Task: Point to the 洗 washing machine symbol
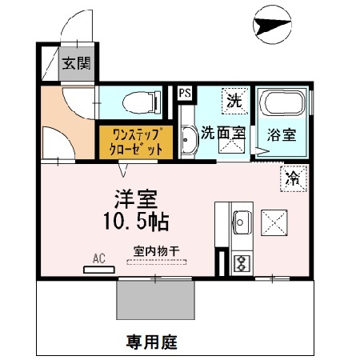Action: click(x=234, y=101)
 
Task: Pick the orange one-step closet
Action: click(x=135, y=141)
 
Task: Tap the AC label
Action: click(x=99, y=258)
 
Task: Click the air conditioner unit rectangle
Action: click(x=99, y=269)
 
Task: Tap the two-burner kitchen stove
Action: click(x=239, y=262)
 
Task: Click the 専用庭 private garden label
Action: click(x=151, y=342)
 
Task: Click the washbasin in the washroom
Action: click(x=189, y=141)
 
